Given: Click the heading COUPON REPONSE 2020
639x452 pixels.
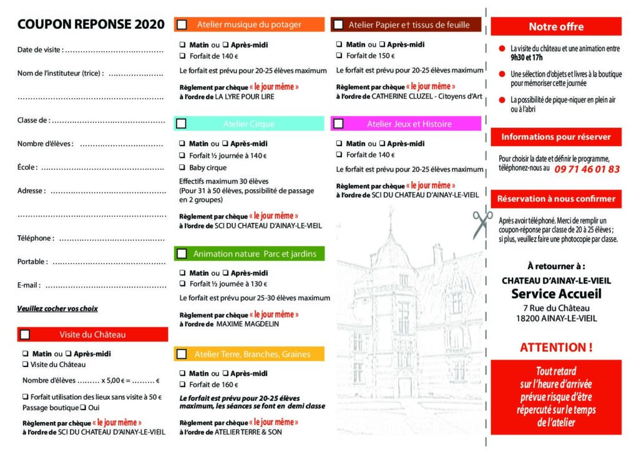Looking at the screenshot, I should coord(91,24).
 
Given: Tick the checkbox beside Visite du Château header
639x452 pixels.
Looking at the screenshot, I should coord(25,335).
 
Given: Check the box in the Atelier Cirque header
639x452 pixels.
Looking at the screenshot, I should coord(182,124).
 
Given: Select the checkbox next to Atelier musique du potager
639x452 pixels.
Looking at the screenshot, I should coord(182,24).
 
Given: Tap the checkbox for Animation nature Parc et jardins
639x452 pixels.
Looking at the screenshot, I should coord(182,254).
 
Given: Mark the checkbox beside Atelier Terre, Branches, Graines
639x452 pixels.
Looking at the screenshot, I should coord(182,354).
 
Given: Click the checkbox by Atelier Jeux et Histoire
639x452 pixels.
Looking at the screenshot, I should coord(338,124).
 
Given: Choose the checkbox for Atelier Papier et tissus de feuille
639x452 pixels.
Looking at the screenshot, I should coord(338,24).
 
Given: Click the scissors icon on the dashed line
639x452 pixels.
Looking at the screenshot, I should coord(482,225).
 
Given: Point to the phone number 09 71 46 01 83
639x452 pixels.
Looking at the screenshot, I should coord(587,169).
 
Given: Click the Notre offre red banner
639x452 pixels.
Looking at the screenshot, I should coord(556,27).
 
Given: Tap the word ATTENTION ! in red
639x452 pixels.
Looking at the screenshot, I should coord(556,347).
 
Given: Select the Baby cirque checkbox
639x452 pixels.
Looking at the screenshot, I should coord(182,168).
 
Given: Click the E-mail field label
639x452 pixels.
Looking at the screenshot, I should coord(29,285).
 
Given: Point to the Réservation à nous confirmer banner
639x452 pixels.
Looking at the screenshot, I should coord(556,199).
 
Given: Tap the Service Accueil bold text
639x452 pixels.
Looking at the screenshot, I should coord(556,294).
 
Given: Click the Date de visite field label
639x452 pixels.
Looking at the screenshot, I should coord(40,49).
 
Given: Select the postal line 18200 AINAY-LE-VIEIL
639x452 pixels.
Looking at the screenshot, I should coord(556,318).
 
